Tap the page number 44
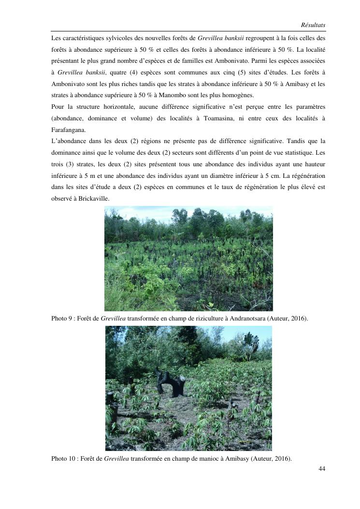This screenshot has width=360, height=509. click(x=322, y=468)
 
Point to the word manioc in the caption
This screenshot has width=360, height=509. click(x=209, y=458)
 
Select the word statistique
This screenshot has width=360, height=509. click(x=296, y=153)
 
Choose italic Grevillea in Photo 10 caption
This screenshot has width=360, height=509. click(x=116, y=458)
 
